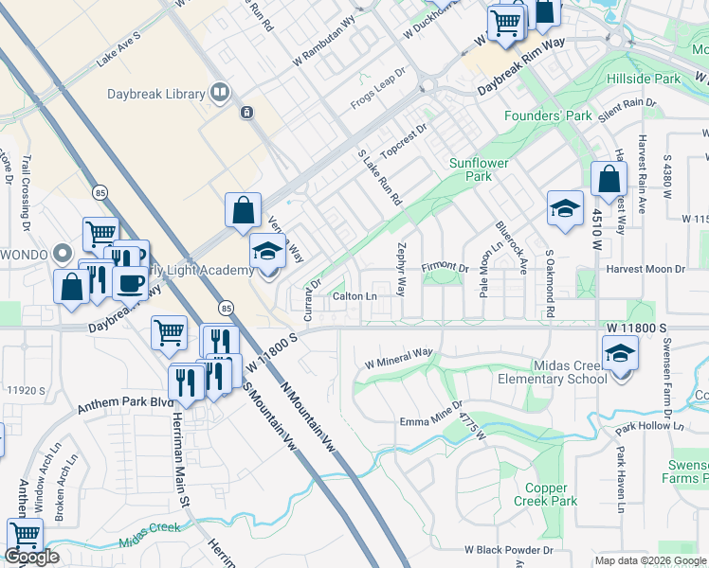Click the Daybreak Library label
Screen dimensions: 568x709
pos(163,94)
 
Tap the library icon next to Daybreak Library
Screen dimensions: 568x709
pos(220,92)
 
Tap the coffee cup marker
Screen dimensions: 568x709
pos(130,283)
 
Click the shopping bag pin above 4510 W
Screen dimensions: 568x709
pos(609,179)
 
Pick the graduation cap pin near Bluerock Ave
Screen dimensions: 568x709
pos(565,209)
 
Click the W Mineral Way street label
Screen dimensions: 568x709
pos(398,357)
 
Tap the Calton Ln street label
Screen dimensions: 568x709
pos(354,296)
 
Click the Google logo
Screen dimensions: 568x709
pos(31,557)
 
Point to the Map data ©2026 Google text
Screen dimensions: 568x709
pos(649,560)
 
